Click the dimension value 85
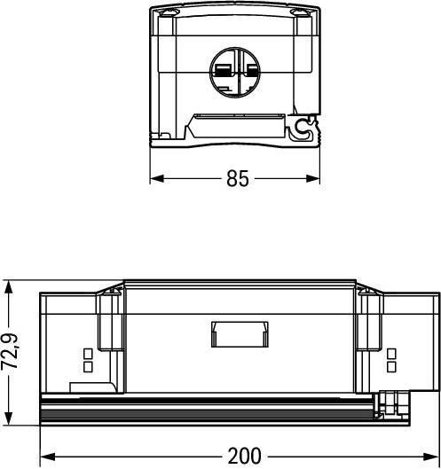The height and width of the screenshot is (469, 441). (x=238, y=178)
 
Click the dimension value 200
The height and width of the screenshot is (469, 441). (x=244, y=457)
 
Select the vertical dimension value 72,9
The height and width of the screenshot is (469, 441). (x=10, y=352)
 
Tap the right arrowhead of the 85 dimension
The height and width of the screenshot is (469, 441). (x=313, y=178)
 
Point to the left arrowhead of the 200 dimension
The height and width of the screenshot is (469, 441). (x=47, y=457)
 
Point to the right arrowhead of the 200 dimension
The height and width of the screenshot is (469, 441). (x=430, y=457)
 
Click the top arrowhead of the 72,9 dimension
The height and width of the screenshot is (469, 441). (x=8, y=288)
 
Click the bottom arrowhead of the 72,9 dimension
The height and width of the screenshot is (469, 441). (x=8, y=418)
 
